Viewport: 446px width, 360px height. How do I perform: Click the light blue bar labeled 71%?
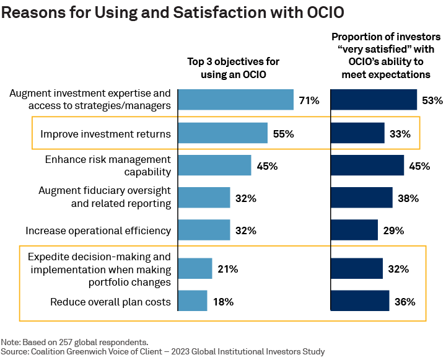coord(235,100)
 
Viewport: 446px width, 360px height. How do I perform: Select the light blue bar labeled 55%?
coord(222,133)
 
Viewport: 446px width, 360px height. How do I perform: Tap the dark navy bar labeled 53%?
coord(374,100)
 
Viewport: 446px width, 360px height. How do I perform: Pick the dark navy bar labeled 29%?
coord(354,230)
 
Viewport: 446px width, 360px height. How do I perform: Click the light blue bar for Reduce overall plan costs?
coord(193,302)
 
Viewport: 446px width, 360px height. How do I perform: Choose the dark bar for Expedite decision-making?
coord(357,269)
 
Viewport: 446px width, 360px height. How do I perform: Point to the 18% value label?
coord(223,302)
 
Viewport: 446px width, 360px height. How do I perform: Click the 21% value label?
coord(227,269)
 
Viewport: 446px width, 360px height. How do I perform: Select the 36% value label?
coord(404,302)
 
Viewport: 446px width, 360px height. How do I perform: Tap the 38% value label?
coord(408,198)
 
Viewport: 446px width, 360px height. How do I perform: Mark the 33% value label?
coord(400,133)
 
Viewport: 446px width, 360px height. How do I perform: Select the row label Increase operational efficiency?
coord(98,230)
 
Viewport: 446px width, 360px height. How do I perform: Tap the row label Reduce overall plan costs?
coord(110,302)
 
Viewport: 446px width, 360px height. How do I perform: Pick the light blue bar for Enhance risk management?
coord(214,165)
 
